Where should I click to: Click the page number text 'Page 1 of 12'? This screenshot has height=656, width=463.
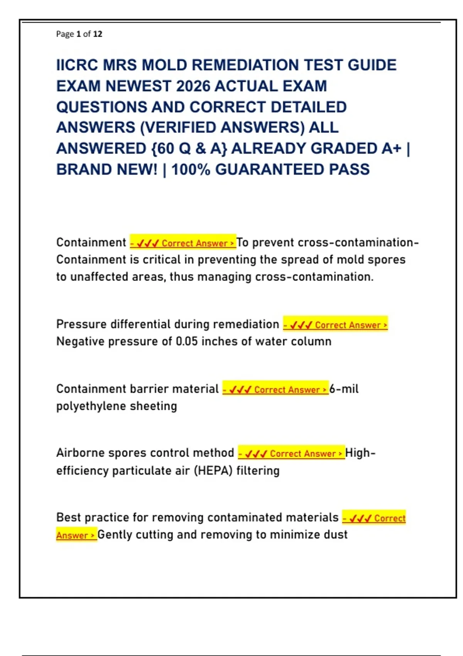[79, 34]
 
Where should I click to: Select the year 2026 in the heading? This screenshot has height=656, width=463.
[193, 86]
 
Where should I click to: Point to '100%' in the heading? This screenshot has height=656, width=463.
[191, 169]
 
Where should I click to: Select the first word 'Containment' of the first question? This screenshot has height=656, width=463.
[91, 242]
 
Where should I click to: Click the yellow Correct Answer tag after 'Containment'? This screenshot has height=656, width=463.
[183, 243]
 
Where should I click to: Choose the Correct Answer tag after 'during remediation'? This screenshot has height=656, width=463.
[335, 325]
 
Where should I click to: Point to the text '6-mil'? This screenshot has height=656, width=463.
[344, 389]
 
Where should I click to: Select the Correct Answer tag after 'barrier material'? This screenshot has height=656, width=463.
[275, 389]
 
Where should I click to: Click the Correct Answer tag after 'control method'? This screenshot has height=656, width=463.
[291, 453]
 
